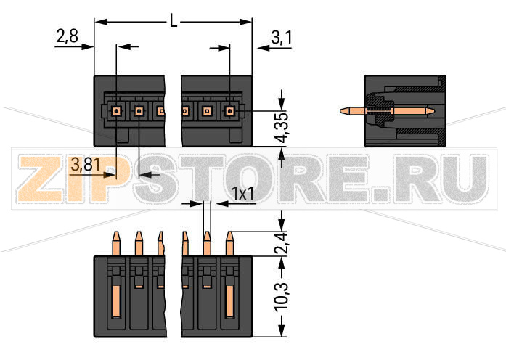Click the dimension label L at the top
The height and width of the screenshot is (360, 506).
tap(173, 22)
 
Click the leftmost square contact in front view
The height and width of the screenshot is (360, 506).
tap(116, 111)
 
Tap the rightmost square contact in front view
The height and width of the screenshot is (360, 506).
tap(230, 111)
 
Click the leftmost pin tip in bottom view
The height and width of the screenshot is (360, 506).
tap(116, 236)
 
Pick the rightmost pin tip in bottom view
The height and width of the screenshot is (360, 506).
tap(230, 236)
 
